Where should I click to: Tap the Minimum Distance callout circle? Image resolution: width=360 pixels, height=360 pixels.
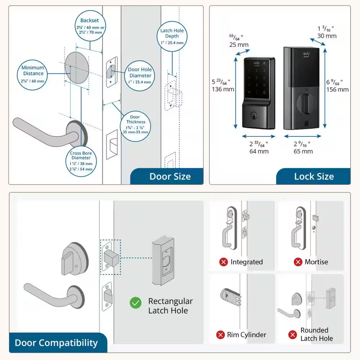[x=33, y=75]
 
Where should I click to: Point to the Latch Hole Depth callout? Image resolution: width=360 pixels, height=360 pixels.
[x=172, y=36]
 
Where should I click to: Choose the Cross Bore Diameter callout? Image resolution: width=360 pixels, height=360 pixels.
[x=81, y=161]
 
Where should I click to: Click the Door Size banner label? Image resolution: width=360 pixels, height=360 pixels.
[x=170, y=176]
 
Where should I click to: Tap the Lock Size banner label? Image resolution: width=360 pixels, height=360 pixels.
[x=314, y=176]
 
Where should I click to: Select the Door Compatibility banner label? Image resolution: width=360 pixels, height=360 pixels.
[x=56, y=343]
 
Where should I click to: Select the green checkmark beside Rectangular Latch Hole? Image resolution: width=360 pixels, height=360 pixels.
[x=136, y=303]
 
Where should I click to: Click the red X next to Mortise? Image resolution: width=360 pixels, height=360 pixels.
[x=298, y=262]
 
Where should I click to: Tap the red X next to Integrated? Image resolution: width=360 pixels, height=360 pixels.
[x=224, y=262]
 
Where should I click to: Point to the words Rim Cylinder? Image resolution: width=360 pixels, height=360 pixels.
[x=247, y=335]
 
